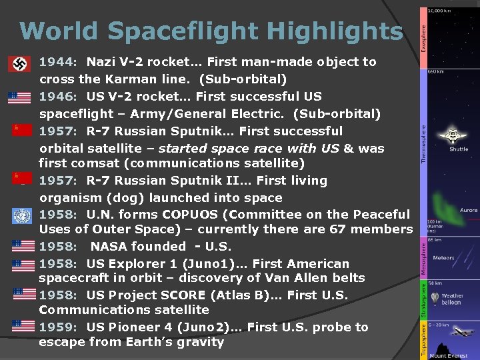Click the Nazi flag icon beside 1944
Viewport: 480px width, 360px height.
(x=19, y=64)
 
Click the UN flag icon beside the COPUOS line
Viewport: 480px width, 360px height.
(x=21, y=215)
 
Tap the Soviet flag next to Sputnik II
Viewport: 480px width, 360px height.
(x=20, y=178)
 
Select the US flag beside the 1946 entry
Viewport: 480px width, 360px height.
(x=20, y=97)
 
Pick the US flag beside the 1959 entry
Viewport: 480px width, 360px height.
(x=23, y=327)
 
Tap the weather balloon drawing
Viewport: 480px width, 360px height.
(x=435, y=297)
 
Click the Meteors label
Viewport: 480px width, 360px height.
(x=443, y=257)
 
